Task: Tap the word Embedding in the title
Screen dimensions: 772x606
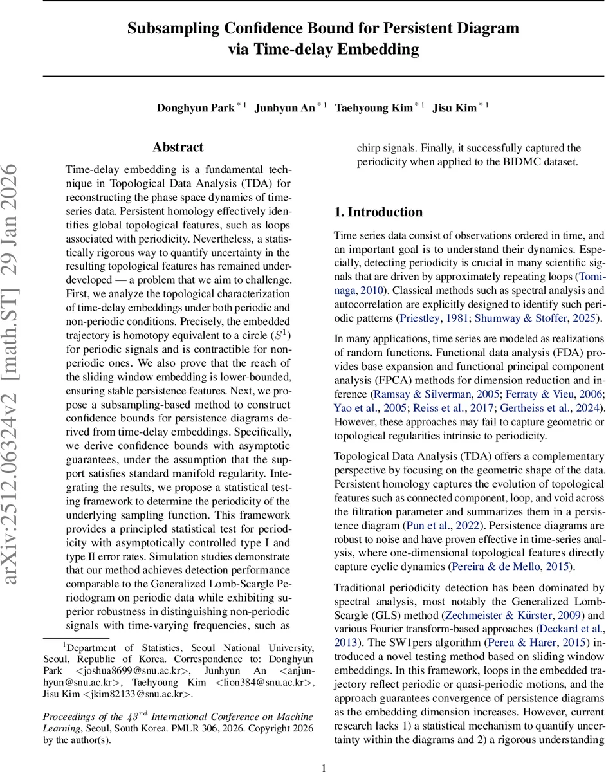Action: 380,49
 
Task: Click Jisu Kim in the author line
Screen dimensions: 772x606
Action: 454,108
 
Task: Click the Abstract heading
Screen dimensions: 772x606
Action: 178,147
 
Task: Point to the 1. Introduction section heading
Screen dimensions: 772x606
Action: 378,212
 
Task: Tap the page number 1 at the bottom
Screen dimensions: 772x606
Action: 324,767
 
